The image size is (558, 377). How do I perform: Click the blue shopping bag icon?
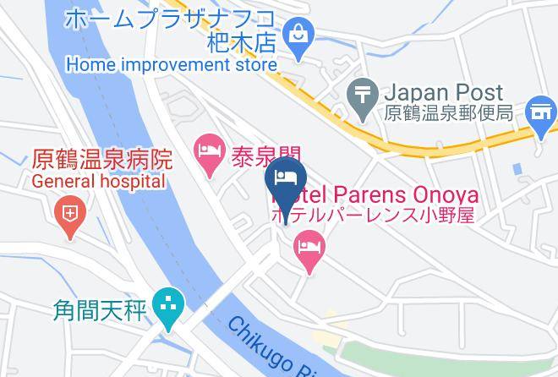coord(299,35)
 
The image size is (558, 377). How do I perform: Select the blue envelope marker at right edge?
coord(539,111)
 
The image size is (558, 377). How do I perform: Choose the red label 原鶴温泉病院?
coord(102,159)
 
